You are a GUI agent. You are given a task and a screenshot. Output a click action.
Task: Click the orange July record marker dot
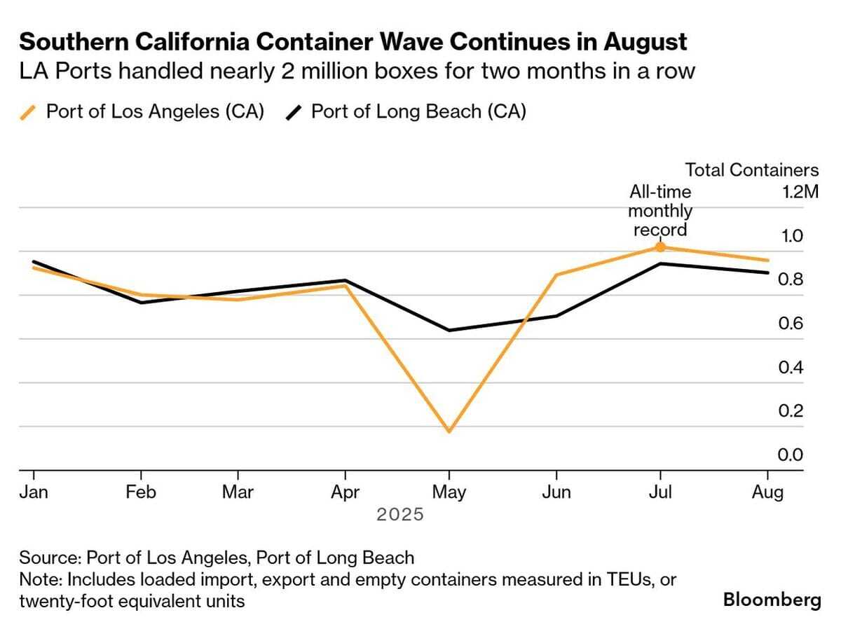tap(659, 247)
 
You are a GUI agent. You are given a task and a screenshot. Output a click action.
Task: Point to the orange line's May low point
tap(449, 431)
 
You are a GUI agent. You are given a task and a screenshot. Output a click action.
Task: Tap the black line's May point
tap(449, 330)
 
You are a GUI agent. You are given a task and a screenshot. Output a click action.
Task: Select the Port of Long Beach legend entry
tap(406, 112)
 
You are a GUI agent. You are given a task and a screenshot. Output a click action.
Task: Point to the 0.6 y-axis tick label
tap(791, 324)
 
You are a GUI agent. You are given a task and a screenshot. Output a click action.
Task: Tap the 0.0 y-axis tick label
tap(791, 455)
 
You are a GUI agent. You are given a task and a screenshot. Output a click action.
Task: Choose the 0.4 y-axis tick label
tap(791, 368)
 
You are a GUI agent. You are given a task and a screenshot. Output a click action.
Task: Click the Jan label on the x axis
tap(34, 492)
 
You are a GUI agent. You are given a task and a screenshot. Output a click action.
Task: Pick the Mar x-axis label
tap(238, 492)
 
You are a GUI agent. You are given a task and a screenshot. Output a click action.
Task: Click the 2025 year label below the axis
tap(400, 515)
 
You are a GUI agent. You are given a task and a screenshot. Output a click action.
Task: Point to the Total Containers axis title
tap(751, 170)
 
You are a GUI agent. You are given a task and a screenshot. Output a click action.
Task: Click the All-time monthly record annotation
tap(660, 211)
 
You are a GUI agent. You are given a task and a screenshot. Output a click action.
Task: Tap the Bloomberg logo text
tap(772, 600)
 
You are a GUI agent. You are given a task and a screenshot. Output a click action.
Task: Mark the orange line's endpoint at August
tap(768, 261)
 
